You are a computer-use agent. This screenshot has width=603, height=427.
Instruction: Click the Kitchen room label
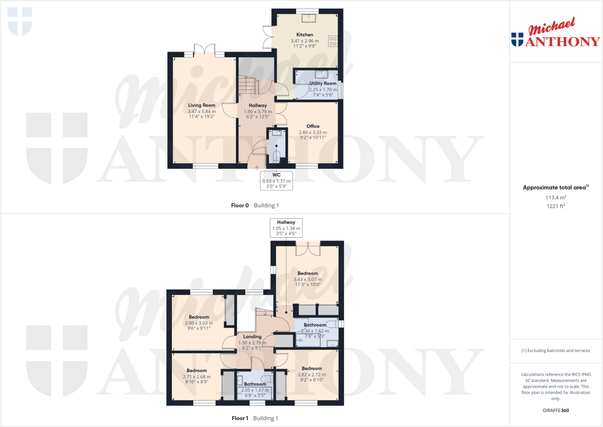tap(305, 35)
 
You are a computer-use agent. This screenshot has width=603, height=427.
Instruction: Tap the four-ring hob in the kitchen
tap(333, 41)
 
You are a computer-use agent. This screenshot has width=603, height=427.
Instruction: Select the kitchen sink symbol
tap(309, 18)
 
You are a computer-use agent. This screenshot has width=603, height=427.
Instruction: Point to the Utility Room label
tap(323, 83)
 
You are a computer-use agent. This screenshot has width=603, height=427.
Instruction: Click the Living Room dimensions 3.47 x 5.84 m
tap(202, 112)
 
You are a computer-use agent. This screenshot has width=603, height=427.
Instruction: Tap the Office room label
tap(313, 126)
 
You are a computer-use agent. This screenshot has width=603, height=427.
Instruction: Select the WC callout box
tap(276, 181)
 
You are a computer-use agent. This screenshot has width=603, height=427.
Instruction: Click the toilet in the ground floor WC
tap(276, 156)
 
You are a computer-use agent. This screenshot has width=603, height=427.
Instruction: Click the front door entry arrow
tap(257, 168)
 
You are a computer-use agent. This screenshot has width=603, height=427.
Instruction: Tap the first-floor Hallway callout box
tap(286, 228)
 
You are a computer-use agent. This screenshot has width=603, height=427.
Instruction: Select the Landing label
tap(252, 337)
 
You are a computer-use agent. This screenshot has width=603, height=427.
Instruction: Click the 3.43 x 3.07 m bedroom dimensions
tap(308, 279)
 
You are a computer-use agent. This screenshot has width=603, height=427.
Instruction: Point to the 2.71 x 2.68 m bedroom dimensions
tap(197, 377)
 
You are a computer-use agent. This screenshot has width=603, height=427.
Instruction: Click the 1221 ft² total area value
tap(556, 206)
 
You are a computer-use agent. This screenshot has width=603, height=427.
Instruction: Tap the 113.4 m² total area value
tap(556, 197)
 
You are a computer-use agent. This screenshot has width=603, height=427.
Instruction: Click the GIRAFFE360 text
tap(556, 410)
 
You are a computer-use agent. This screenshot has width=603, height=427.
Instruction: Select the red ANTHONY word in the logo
tap(563, 42)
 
